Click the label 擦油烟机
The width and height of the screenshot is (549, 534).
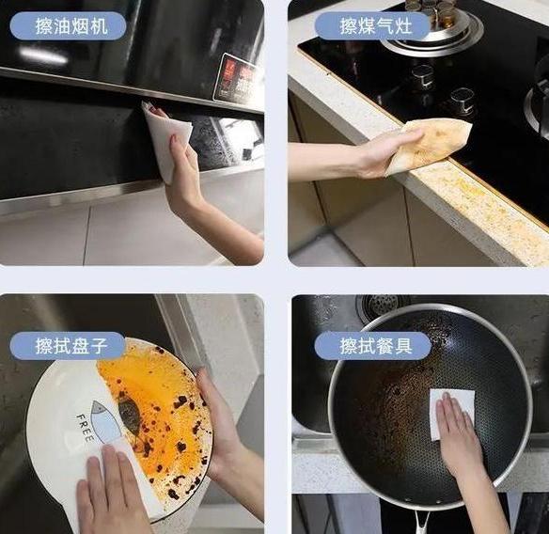pyautogui.click(x=72, y=24)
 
